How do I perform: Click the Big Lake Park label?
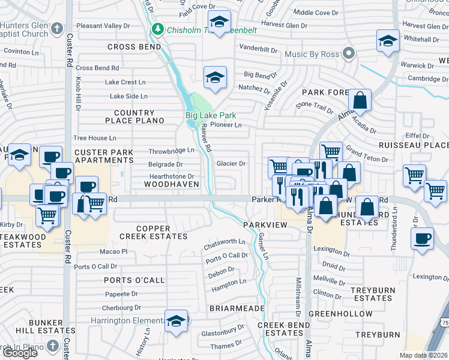coord(210,115)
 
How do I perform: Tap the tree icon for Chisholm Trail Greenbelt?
coord(158,28)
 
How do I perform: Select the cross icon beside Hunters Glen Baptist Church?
coord(57,28)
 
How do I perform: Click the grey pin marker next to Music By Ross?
coord(349,54)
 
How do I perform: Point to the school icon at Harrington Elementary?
coord(176,320)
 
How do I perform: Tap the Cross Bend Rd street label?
coord(97,68)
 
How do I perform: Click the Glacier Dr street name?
coord(231,163)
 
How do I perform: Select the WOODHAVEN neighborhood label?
coord(167,185)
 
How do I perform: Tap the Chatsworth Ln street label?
coord(225,242)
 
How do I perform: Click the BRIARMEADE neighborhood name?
coord(237,308)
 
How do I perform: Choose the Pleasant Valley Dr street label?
coord(103,26)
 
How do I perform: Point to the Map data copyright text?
coord(424,355)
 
